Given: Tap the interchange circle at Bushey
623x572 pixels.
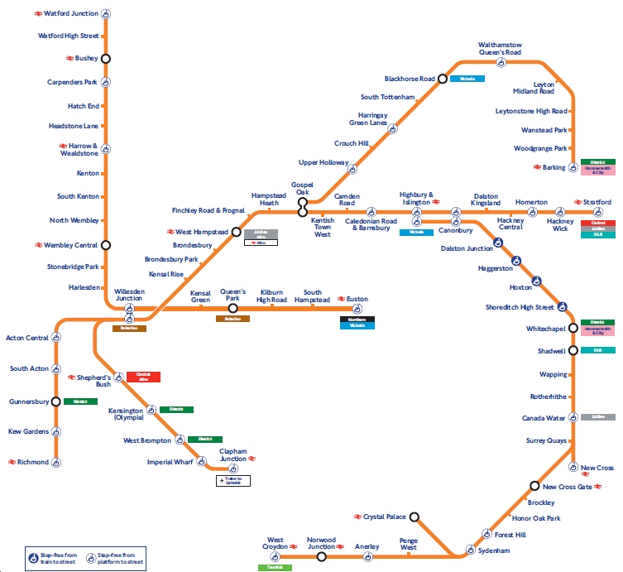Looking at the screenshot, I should [x=105, y=58].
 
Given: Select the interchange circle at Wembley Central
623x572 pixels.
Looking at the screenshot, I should [x=105, y=245].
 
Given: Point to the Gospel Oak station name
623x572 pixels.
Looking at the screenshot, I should [x=302, y=188].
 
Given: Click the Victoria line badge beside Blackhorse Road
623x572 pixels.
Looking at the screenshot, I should [x=467, y=79].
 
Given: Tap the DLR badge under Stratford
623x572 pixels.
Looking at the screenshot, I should [x=597, y=234].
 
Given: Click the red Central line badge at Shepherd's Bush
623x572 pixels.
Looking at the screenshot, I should [x=143, y=377].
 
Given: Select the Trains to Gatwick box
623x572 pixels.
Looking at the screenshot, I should [x=232, y=480].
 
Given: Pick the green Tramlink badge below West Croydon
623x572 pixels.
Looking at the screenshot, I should [x=274, y=567].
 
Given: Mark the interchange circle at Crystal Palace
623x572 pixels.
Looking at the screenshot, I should [x=415, y=517].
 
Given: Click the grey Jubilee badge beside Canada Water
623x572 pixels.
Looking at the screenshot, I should [x=597, y=417].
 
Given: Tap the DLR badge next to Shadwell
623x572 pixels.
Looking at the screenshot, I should [x=597, y=350].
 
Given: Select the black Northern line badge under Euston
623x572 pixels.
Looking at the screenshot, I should [x=357, y=319].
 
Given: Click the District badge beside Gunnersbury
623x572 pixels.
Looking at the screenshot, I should [x=80, y=401].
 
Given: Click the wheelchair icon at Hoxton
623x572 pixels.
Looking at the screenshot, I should [x=537, y=281].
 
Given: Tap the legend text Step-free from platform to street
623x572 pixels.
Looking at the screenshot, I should [x=122, y=555].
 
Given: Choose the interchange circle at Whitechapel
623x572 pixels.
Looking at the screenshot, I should [x=573, y=328].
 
